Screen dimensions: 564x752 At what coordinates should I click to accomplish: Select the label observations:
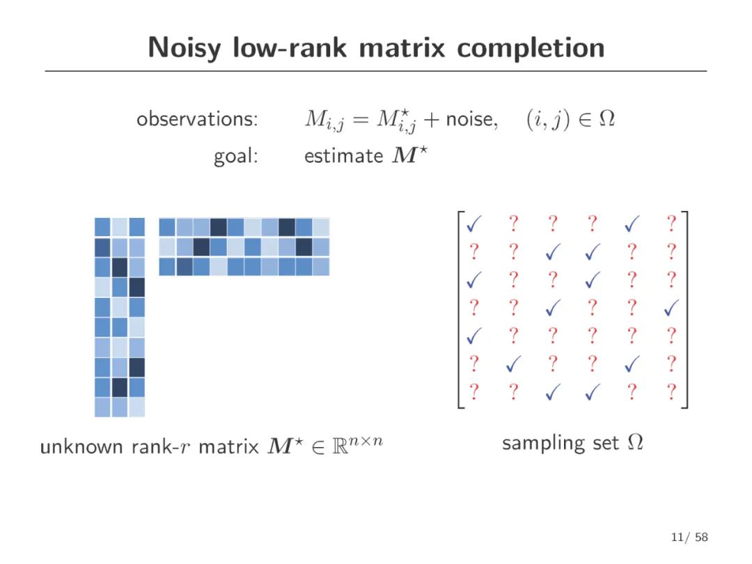198,119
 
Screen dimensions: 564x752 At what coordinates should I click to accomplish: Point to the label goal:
236,156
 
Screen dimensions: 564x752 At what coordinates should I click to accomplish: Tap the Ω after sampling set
635,442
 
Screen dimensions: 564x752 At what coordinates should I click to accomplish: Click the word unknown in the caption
82,446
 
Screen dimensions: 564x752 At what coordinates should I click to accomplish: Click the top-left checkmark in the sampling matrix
474,224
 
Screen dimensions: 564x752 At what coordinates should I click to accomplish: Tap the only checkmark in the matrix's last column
671,306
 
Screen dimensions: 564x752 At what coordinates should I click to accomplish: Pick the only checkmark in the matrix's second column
514,363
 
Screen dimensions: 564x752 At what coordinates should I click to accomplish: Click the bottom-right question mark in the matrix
671,392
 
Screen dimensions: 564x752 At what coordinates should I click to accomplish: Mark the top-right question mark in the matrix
671,224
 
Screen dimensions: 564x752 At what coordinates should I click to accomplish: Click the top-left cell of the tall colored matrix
102,227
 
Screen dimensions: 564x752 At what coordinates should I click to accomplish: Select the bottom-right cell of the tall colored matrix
136,407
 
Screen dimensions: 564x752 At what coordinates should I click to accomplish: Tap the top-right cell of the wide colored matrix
320,227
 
